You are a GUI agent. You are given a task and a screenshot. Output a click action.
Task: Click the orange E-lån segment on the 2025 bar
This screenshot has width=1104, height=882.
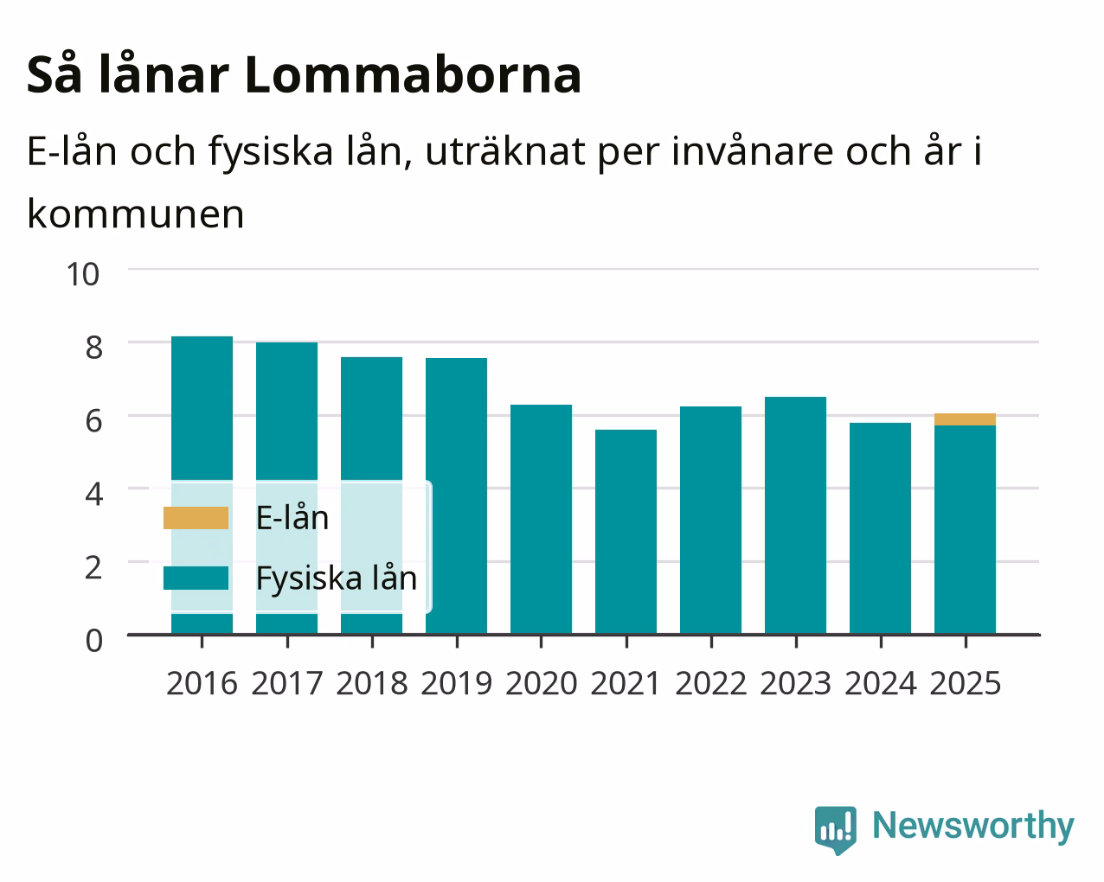pos(965,419)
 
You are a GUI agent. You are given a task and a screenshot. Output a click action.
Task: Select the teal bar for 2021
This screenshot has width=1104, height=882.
pos(626,532)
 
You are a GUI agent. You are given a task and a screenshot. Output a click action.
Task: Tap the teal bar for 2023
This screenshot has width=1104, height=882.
pos(795,515)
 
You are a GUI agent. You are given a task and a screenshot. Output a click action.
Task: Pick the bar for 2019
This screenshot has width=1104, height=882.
pos(456,495)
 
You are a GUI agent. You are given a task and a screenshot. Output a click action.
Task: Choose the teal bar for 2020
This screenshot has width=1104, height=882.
pos(541,520)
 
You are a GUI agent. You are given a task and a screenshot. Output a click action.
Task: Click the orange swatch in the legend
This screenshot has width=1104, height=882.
pos(196,517)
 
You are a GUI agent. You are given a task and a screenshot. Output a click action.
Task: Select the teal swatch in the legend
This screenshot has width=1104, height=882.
pos(196,578)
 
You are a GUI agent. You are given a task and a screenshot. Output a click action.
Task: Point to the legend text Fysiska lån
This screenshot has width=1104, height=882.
pos(337,578)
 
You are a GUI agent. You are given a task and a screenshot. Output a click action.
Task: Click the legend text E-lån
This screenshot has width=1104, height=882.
pos(292,517)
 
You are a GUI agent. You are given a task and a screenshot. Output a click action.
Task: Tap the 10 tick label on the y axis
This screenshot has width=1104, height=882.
pos(82,274)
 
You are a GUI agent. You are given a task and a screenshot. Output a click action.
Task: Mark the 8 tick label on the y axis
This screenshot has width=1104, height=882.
pos(94,348)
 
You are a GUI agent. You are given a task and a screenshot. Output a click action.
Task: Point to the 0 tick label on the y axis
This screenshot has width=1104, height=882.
pos(94,641)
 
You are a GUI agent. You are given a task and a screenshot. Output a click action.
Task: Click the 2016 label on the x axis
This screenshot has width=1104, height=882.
pos(202,683)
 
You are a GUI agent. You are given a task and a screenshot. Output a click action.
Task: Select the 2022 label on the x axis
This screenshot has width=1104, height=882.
pos(710,683)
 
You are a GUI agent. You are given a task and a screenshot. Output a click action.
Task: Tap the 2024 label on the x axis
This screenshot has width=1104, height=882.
pos(880,683)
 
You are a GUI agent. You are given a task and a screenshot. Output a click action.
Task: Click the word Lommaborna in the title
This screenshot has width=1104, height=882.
pos(413,75)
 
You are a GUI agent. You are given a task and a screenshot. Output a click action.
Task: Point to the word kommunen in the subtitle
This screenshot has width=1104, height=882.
pos(136,214)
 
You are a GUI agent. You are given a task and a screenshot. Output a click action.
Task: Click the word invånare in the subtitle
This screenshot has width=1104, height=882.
pos(752,151)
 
